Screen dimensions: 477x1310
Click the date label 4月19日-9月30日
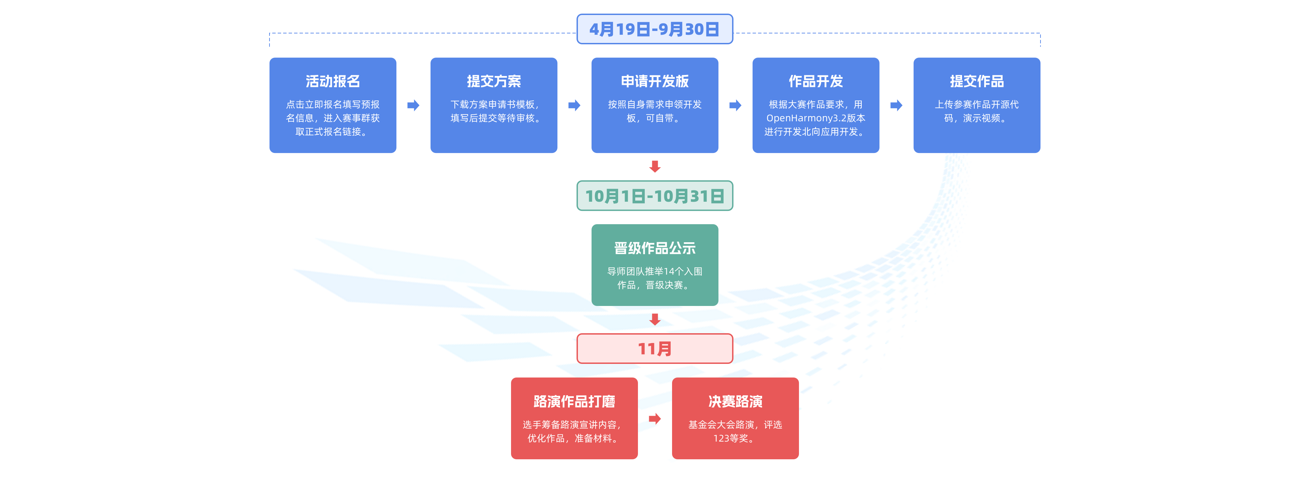pos(655,29)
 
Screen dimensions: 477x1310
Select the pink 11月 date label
pos(655,349)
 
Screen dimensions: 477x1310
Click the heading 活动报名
pos(333,81)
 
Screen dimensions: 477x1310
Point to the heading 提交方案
pos(494,81)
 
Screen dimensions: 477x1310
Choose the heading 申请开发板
pos(655,81)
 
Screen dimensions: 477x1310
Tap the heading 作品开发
pos(815,81)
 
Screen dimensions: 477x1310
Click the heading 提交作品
pos(976,81)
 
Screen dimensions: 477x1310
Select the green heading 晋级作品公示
pos(655,248)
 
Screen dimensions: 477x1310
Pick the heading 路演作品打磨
pos(574,401)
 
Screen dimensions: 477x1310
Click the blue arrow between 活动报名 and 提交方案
pos(413,105)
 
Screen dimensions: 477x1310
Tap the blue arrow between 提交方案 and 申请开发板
pos(574,105)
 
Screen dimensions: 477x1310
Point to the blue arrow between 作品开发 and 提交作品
pos(896,105)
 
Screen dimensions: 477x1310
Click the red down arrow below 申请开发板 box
pos(655,166)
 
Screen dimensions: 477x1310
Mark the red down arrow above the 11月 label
pos(655,319)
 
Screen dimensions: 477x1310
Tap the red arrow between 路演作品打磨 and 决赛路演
pos(655,419)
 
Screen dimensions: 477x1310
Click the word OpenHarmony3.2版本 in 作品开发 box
pos(815,118)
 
